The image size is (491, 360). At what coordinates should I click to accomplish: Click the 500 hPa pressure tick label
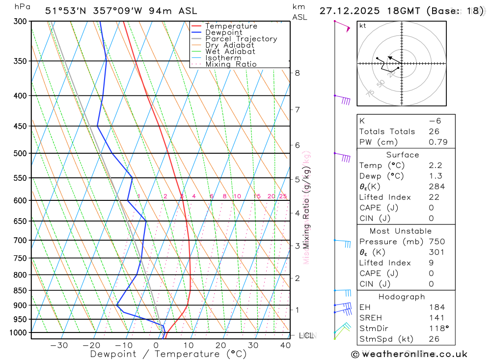20,153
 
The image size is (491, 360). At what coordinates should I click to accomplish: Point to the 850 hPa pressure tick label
20,290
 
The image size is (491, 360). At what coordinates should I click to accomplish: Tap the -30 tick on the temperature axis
59,345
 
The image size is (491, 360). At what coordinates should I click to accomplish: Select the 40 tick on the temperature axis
285,345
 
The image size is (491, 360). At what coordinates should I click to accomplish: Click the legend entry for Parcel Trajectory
241,39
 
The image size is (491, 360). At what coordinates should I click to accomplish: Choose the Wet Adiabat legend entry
230,52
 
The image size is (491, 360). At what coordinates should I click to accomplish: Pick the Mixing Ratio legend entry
231,64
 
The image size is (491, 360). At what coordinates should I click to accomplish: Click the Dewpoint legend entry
224,32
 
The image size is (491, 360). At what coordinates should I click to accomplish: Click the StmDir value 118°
436,329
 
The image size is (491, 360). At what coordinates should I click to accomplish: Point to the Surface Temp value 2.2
436,166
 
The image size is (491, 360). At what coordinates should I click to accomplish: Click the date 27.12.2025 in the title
348,11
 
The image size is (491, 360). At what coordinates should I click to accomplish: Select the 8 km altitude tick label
297,73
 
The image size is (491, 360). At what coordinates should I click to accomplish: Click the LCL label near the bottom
306,336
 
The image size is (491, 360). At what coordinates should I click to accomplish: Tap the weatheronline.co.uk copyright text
409,354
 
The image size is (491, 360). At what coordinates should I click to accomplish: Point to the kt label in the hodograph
363,26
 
